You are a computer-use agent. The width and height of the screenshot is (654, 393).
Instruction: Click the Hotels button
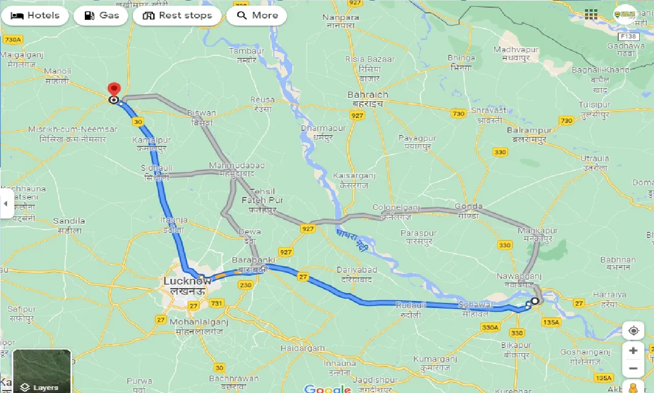point(35,15)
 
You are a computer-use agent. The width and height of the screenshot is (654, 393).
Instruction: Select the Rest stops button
point(177,15)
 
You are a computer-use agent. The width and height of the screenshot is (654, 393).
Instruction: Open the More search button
point(257,15)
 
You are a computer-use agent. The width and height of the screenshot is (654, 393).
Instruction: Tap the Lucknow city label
point(186,281)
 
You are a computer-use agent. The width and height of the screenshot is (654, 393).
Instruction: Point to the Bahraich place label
point(368,95)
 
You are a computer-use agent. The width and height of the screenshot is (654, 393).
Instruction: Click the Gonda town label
point(469,207)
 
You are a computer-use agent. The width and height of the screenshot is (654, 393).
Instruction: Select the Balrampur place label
point(529,130)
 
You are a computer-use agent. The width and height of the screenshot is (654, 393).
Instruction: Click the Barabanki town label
point(250,260)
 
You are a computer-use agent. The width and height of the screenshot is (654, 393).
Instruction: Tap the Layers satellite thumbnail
point(42,370)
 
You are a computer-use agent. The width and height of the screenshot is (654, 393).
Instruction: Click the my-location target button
point(633,331)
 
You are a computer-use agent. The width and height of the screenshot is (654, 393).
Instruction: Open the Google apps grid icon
point(591,15)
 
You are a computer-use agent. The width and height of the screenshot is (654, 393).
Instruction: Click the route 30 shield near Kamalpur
point(137,122)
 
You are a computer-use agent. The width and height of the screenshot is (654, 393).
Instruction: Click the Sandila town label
point(69,221)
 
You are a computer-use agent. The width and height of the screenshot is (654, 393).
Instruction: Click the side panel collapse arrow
point(6,204)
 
